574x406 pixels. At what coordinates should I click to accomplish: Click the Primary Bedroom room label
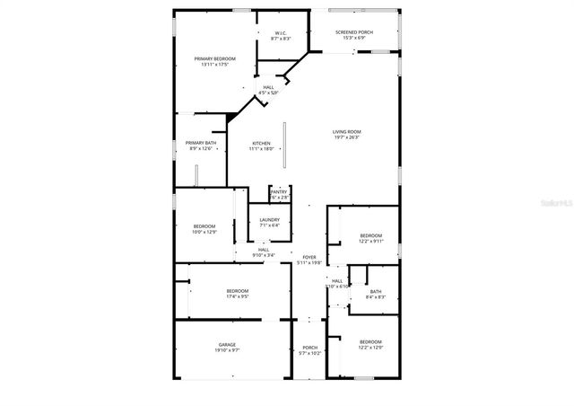214,61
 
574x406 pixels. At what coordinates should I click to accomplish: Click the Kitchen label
261,146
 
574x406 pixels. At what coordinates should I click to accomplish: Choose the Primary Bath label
201,146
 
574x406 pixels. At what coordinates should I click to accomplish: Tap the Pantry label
279,193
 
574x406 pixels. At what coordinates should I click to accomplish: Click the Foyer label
309,260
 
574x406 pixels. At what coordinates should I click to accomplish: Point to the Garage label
227,347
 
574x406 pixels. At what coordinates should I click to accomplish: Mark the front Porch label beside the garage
309,350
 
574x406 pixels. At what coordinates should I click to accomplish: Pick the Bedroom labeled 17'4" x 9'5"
238,293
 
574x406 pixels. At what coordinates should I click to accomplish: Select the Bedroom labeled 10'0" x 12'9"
204,228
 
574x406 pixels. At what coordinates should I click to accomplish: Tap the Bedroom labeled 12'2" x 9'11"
370,238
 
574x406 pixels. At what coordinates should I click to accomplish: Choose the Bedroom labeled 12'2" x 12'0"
370,344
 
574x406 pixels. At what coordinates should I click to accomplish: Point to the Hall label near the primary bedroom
268,90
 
